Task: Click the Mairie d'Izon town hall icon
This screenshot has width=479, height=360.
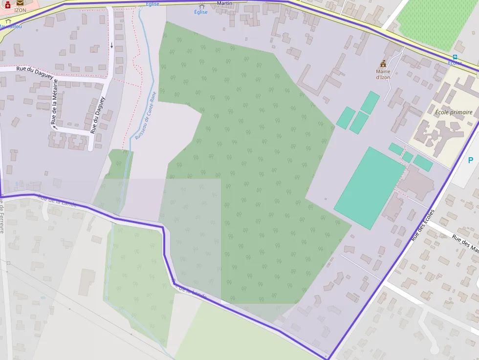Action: [x=383, y=64]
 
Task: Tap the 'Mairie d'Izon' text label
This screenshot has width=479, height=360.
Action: [x=383, y=74]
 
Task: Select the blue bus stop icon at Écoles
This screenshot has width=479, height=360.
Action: [x=455, y=57]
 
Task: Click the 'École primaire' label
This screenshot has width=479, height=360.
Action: [x=454, y=112]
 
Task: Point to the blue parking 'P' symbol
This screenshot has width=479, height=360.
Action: [x=470, y=160]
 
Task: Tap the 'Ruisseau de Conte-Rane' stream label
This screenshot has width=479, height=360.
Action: [x=145, y=116]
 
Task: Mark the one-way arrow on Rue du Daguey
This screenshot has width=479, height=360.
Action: [x=111, y=45]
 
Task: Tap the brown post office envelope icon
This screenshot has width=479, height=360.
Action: [x=20, y=3]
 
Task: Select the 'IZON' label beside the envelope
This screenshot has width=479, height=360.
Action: [x=20, y=10]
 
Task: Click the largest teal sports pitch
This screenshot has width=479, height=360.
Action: [x=370, y=188]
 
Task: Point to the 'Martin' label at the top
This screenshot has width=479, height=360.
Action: [x=224, y=3]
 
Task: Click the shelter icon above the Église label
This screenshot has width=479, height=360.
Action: [x=201, y=6]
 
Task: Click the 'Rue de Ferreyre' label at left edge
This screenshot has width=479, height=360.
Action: [x=2, y=218]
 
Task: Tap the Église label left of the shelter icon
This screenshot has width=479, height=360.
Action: [x=152, y=4]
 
